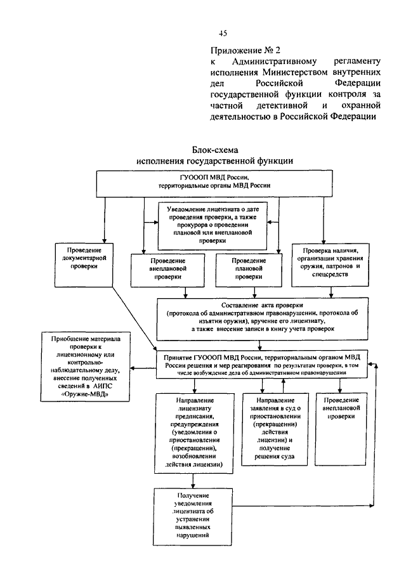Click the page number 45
(223, 34)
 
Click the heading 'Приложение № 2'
(246, 50)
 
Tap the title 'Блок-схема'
(215, 150)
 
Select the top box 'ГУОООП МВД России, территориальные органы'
(214, 184)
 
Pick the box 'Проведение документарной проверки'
(84, 264)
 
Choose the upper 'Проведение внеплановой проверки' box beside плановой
(167, 270)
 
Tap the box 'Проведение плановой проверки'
(249, 270)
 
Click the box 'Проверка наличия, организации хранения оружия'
(330, 264)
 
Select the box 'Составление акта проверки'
(263, 319)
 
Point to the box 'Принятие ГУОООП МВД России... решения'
(262, 365)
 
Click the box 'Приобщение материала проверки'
(85, 367)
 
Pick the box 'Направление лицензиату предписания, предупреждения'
(194, 433)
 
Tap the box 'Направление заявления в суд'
(275, 429)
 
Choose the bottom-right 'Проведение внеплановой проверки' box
(341, 429)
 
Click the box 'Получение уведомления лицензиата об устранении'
(193, 516)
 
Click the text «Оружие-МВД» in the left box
(85, 394)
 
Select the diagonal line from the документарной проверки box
(134, 318)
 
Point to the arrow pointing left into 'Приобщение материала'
(143, 368)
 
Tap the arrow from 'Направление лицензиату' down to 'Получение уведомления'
(193, 481)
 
